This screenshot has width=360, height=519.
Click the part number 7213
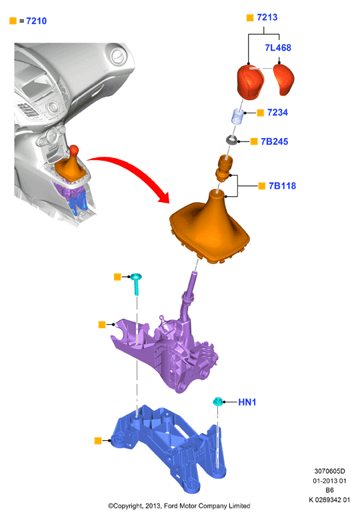(x=267, y=17)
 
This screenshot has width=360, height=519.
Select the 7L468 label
(x=278, y=47)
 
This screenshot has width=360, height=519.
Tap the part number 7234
(x=277, y=113)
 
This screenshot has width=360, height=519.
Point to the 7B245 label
(x=274, y=141)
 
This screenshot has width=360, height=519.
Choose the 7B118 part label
(x=282, y=186)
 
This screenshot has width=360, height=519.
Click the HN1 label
(x=247, y=402)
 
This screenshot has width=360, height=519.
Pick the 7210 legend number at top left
(x=37, y=21)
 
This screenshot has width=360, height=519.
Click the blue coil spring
(x=238, y=117)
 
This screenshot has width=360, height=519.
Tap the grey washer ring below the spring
(x=231, y=140)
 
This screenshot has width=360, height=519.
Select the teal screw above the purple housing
(x=135, y=284)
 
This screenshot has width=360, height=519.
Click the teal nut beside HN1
(x=217, y=402)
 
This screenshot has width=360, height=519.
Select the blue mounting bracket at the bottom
(x=170, y=448)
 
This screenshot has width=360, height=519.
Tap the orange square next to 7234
(x=261, y=113)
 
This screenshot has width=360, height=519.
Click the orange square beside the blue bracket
(x=98, y=440)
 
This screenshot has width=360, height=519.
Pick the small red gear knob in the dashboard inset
(x=74, y=151)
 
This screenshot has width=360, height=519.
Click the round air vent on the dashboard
(x=117, y=57)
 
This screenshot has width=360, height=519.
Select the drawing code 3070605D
(x=329, y=471)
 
